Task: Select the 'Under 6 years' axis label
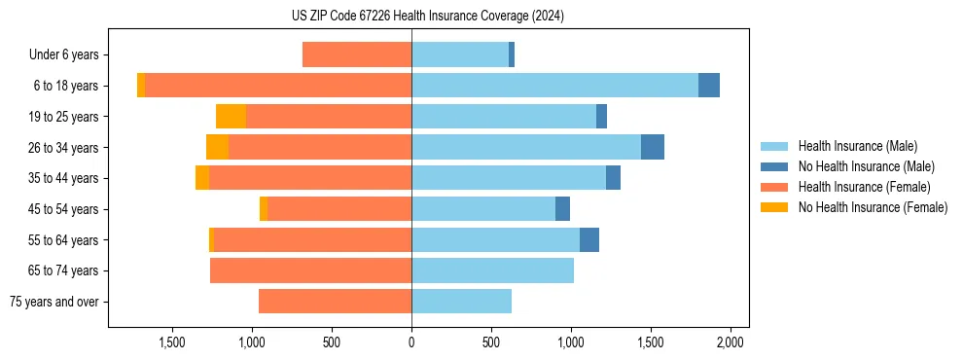click(x=70, y=54)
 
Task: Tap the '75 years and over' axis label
click(x=59, y=302)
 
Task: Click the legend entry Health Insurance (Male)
click(x=857, y=146)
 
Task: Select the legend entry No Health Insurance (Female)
click(x=873, y=207)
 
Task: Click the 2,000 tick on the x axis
click(x=731, y=342)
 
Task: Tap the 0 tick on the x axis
click(x=411, y=342)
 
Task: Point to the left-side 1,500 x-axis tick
click(x=172, y=342)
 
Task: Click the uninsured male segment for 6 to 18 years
click(x=709, y=86)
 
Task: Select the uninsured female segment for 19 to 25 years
click(x=231, y=117)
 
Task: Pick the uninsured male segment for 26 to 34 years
click(x=653, y=147)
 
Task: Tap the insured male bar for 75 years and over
click(x=461, y=302)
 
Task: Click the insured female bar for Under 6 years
click(x=357, y=54)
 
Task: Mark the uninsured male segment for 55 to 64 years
click(x=589, y=239)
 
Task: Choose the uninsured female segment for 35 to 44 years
click(x=202, y=178)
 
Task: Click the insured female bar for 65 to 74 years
click(x=310, y=270)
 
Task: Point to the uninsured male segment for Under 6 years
click(x=512, y=54)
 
